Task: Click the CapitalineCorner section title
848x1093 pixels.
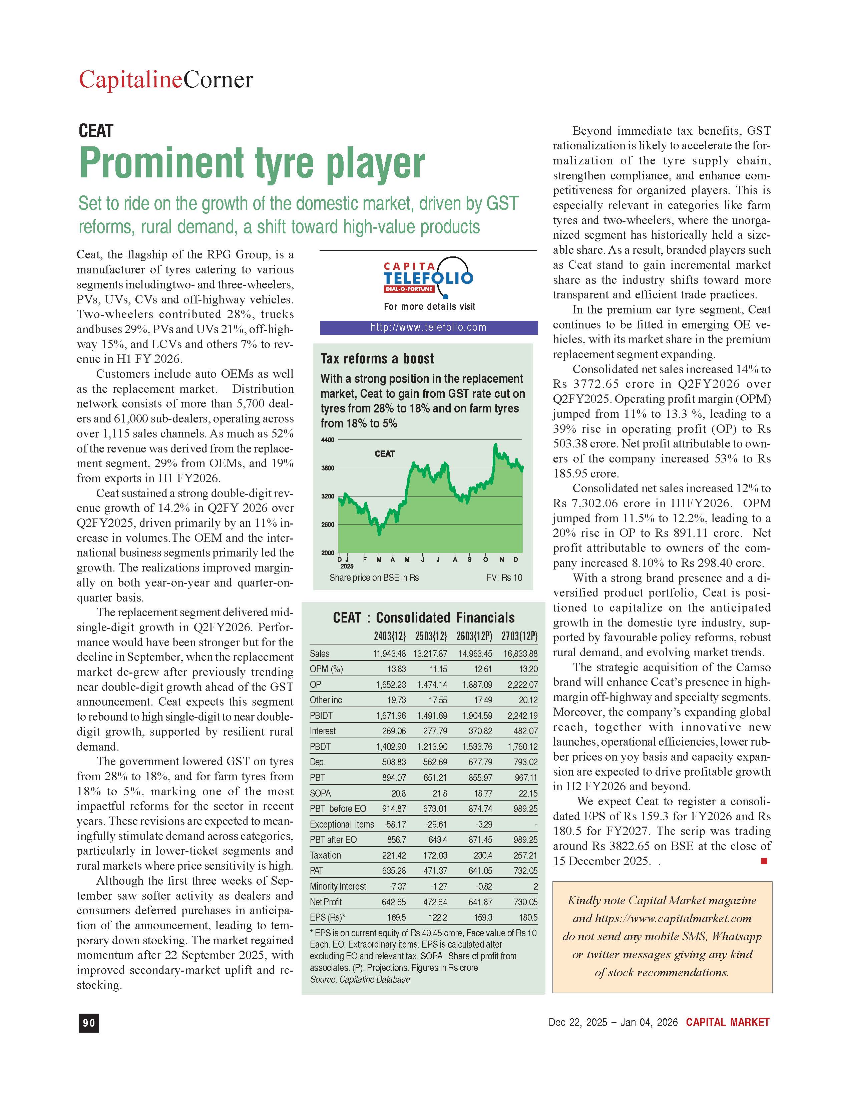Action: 166,80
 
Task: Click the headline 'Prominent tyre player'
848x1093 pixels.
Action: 252,163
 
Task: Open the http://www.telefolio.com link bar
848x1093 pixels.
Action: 429,327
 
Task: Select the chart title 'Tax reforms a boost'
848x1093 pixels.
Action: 377,359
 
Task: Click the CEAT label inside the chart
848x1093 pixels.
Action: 384,454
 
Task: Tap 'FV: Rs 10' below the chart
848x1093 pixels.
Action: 504,578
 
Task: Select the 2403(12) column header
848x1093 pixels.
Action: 389,637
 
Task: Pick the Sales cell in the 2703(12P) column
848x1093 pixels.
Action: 520,654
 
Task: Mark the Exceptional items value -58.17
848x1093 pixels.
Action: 394,824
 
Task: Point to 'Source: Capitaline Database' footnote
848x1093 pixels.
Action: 359,979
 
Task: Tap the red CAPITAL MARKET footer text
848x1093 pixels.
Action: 727,1022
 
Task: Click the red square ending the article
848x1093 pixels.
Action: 763,861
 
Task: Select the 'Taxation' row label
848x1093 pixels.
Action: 325,855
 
